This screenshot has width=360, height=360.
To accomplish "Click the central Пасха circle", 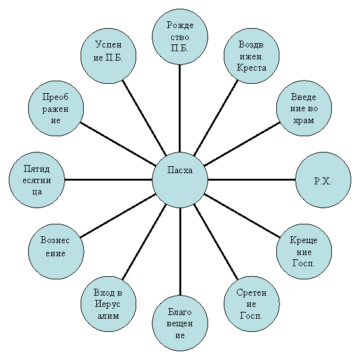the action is [180, 180].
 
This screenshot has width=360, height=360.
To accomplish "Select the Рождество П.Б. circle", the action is [180, 37].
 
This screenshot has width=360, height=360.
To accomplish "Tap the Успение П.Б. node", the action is [108, 56].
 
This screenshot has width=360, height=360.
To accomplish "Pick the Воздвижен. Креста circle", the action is [252, 56].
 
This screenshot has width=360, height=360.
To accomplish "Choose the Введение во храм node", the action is [304, 108].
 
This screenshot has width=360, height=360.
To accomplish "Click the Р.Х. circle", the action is [323, 180].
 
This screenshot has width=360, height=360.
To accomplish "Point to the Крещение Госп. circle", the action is [304, 251].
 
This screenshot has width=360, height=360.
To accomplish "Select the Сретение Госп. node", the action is [252, 304].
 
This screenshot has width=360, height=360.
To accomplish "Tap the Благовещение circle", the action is [180, 323].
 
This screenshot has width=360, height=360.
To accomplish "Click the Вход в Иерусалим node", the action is [108, 304].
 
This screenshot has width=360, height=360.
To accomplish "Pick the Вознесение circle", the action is [56, 251].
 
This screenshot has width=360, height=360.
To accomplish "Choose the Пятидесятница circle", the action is [37, 180].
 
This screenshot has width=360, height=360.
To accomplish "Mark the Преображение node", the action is [56, 108].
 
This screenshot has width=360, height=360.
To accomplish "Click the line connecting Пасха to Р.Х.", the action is [252, 180].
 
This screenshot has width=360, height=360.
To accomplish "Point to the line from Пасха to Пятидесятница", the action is [108, 180].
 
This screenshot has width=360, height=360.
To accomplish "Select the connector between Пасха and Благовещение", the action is [180, 251].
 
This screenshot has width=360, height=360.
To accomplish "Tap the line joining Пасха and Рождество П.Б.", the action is [180, 108].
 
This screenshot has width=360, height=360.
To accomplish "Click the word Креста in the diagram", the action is [252, 67].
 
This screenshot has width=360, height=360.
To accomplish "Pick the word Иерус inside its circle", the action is [107, 304].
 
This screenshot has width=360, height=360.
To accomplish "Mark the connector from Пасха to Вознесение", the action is [118, 216].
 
